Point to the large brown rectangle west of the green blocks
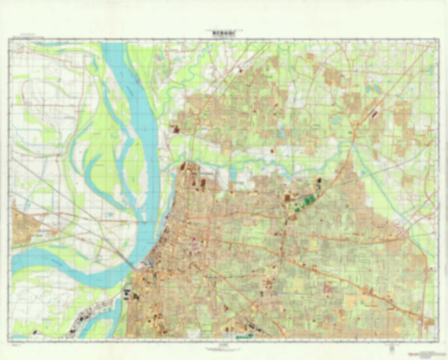pos(287,198)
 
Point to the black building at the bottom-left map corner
pos(35,332)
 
